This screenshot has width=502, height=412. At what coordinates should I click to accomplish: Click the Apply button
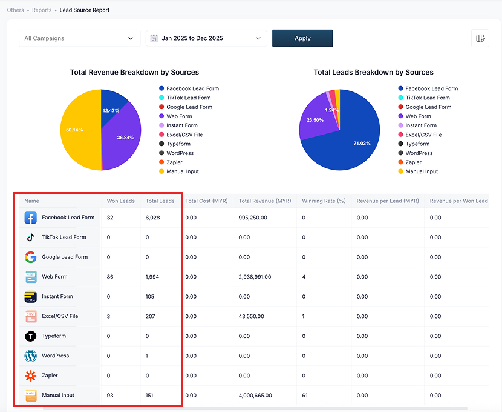(302, 38)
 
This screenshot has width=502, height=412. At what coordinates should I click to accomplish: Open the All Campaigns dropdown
(79, 38)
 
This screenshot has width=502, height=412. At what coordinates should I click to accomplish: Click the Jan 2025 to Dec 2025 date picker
(206, 38)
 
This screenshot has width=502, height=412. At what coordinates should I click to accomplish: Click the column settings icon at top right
(480, 38)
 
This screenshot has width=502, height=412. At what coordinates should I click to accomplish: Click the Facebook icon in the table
(30, 218)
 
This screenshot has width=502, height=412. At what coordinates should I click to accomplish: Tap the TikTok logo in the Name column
(30, 238)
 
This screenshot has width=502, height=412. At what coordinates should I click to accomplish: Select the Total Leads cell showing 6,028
(152, 218)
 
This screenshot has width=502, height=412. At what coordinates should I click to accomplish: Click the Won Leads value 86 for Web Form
(111, 277)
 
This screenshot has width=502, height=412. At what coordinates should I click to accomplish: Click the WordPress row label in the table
(55, 356)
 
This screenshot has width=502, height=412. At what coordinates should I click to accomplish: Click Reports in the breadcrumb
(42, 10)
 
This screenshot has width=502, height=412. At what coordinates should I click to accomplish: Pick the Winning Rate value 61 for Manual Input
(305, 396)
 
